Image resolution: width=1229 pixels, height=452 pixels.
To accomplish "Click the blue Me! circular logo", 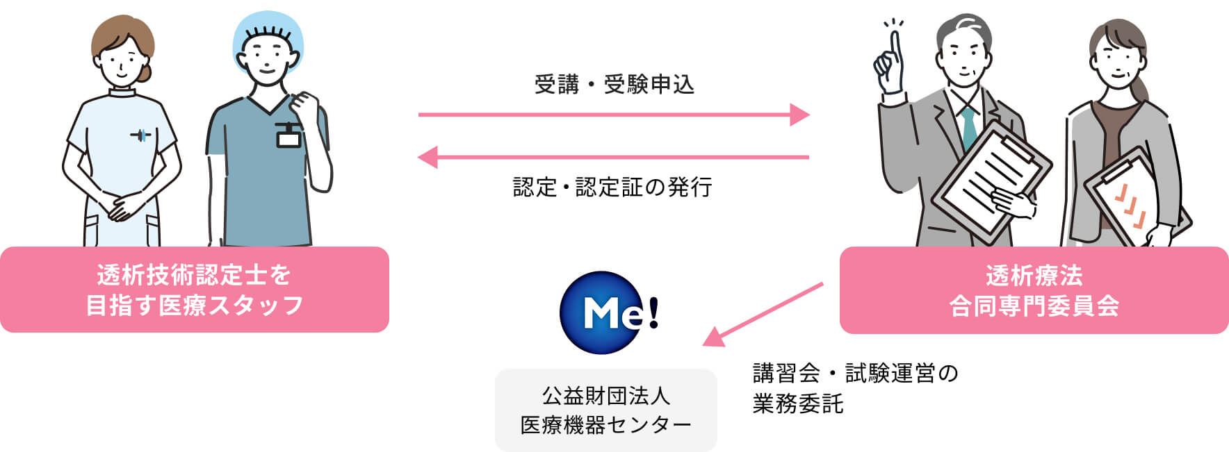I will pyautogui.click(x=603, y=312).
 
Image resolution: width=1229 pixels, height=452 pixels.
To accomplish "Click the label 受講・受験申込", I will pyautogui.click(x=614, y=85).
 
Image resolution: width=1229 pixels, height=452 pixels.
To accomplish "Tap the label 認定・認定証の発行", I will pyautogui.click(x=612, y=187).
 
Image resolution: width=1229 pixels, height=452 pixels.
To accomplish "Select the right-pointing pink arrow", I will pyautogui.click(x=614, y=115).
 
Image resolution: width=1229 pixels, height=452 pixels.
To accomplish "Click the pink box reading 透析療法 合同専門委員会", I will pyautogui.click(x=1034, y=290).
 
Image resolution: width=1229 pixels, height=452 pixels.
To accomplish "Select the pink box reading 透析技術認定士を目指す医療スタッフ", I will pyautogui.click(x=194, y=290).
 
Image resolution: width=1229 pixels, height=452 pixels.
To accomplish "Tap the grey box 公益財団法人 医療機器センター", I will pyautogui.click(x=605, y=410).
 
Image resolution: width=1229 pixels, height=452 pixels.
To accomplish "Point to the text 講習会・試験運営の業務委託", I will pyautogui.click(x=855, y=388).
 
